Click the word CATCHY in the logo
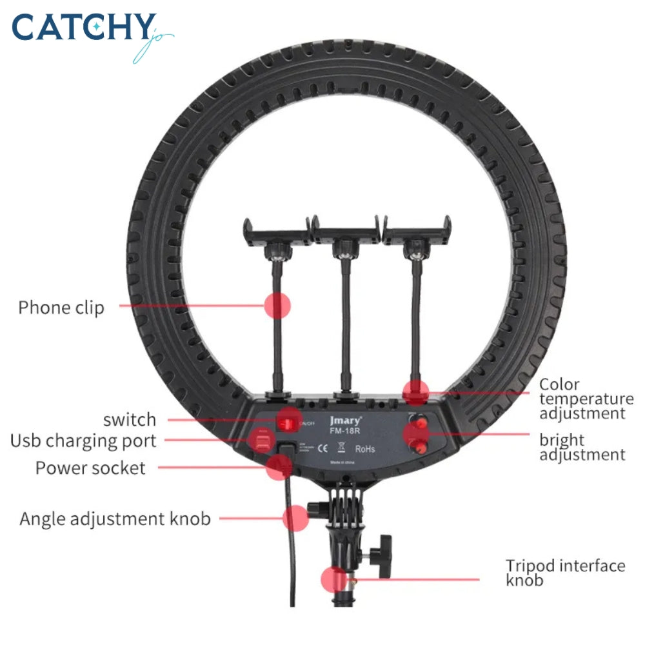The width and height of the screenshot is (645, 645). tap(84, 29)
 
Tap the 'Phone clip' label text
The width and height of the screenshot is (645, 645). tap(61, 308)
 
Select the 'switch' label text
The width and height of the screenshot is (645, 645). tap(130, 420)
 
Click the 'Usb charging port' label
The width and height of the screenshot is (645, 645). tap(83, 442)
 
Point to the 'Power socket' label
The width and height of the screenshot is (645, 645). tap(91, 468)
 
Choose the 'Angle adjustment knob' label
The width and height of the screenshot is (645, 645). tap(115, 519)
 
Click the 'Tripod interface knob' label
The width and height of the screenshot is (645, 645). tap(565, 573)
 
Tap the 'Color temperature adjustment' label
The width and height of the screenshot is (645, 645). tap(586, 399)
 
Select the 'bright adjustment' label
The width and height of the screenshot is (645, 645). tap(582, 447)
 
